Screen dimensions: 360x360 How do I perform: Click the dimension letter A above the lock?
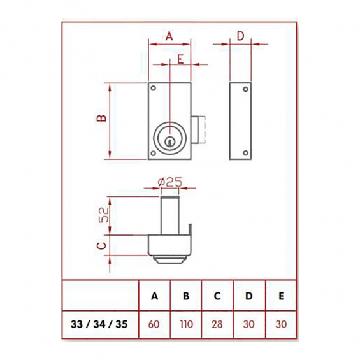[169, 36]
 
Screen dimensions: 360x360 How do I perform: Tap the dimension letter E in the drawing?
[181, 59]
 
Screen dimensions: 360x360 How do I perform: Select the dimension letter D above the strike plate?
[240, 36]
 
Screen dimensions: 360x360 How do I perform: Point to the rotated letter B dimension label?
[101, 118]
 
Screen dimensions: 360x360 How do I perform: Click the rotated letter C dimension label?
[101, 246]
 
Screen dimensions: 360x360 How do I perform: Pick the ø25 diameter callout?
[170, 182]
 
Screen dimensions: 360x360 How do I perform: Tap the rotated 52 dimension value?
[104, 215]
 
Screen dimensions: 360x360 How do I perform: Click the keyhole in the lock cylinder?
[169, 142]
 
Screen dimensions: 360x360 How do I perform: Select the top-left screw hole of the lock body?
[153, 88]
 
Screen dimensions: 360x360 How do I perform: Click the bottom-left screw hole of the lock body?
[153, 153]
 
